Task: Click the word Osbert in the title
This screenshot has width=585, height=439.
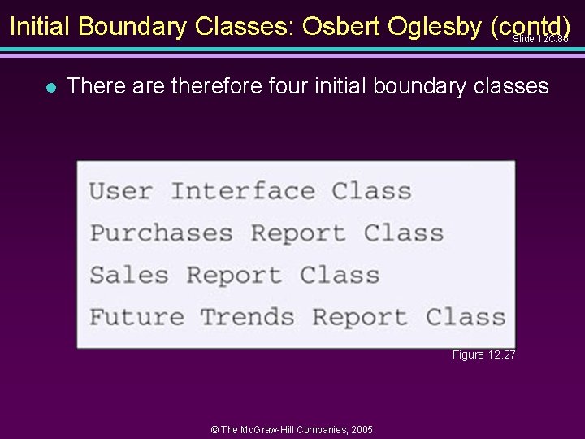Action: (340, 27)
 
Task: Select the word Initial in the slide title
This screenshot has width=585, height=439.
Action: (41, 27)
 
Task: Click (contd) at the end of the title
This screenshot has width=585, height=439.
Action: (531, 27)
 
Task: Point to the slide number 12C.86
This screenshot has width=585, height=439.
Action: (552, 39)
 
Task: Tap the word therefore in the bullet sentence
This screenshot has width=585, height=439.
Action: (216, 86)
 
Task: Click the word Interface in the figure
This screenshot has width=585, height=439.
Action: (243, 191)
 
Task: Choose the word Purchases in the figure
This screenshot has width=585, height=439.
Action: (161, 233)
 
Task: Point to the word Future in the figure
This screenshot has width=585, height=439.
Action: (136, 316)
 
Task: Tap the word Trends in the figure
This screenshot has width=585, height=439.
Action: (247, 316)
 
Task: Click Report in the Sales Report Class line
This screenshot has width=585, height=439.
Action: (234, 275)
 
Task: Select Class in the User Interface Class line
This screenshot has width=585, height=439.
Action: (371, 191)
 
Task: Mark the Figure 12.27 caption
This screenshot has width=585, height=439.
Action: (483, 354)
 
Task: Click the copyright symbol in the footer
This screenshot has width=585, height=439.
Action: (214, 429)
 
